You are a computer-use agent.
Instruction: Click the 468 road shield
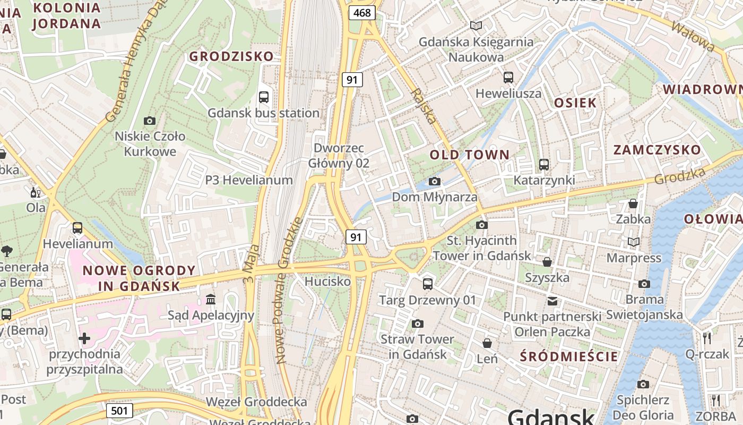click(362, 13)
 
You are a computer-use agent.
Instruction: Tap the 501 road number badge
click(119, 410)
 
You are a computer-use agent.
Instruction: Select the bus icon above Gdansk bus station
click(264, 97)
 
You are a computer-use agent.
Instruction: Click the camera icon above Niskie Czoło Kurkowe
click(150, 121)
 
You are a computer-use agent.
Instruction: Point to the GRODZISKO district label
click(231, 56)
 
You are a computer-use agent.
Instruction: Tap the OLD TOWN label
click(469, 155)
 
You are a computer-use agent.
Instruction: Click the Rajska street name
click(423, 106)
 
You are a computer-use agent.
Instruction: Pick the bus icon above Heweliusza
click(508, 78)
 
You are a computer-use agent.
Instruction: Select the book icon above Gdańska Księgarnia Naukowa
click(476, 25)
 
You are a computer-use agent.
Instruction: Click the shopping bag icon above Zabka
click(633, 203)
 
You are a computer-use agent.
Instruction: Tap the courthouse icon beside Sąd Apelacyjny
click(211, 300)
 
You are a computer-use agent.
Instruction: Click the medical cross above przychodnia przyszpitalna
click(84, 338)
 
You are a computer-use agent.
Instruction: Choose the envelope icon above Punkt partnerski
click(552, 301)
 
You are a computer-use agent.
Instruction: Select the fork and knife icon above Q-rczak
click(706, 337)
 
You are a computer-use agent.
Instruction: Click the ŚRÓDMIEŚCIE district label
click(569, 356)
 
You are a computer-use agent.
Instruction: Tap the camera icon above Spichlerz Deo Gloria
click(643, 384)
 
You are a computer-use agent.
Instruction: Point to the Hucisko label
click(328, 281)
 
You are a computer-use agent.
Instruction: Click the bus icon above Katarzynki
click(544, 165)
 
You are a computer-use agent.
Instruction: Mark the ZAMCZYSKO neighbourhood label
click(657, 150)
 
